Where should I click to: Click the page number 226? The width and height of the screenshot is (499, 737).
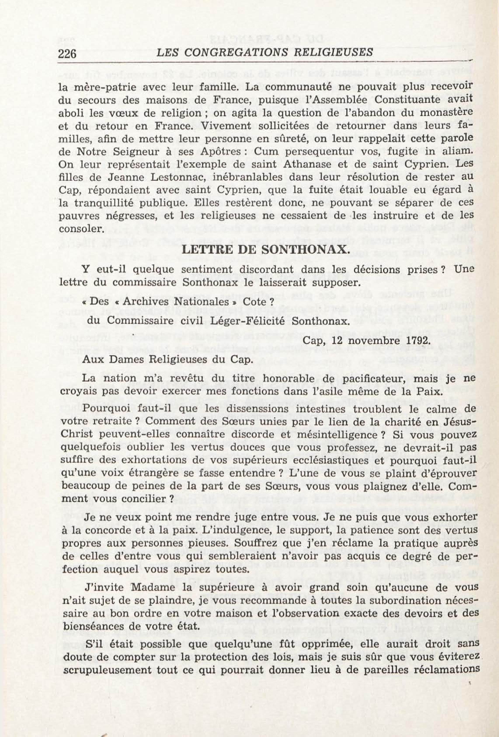67,54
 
